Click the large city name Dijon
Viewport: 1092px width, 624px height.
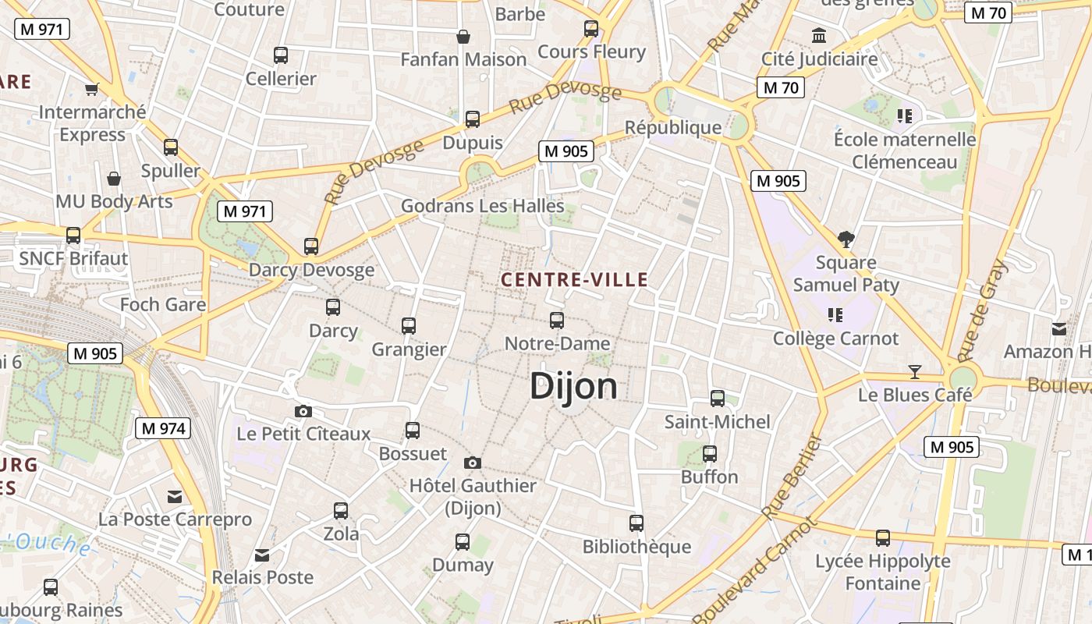coord(573,386)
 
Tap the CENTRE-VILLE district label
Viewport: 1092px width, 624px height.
coord(575,280)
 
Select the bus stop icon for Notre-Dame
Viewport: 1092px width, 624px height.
coord(557,320)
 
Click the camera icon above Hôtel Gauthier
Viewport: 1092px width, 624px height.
coord(472,463)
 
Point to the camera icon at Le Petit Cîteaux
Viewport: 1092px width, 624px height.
coord(303,411)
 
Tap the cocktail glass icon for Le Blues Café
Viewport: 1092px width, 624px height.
coord(915,371)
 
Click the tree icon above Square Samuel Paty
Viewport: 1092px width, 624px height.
coord(846,239)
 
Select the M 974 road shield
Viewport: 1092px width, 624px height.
coord(162,427)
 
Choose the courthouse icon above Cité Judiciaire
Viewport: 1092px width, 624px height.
coord(819,35)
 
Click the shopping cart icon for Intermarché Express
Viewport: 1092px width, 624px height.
coord(92,89)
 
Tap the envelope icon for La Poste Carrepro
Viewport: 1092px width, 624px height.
coord(175,496)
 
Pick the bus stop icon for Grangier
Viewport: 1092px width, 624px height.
coord(409,325)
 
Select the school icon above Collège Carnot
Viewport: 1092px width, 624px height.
coord(835,315)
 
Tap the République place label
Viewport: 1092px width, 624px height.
coord(673,127)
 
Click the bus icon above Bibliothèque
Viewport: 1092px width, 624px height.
coord(636,523)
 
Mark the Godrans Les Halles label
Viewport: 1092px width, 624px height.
coord(482,206)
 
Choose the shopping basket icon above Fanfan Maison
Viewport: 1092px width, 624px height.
coord(463,37)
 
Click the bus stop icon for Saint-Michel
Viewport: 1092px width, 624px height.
coord(718,399)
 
